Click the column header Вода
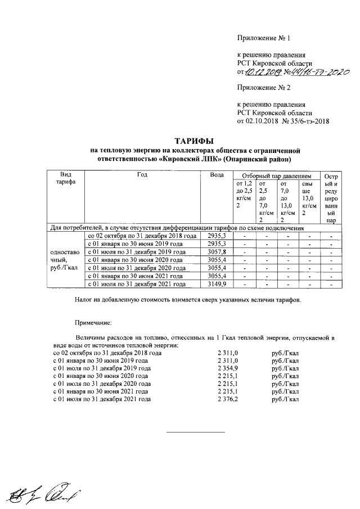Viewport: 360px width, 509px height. tap(217, 175)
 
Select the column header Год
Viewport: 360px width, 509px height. tap(142, 175)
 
